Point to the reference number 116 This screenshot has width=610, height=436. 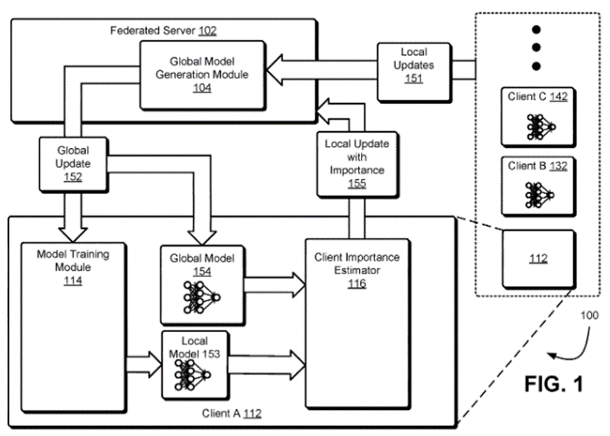[355, 284]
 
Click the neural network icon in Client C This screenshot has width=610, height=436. [540, 125]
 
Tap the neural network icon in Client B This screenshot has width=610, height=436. [538, 193]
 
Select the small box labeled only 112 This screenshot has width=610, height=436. [538, 259]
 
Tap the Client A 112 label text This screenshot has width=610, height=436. [233, 415]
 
